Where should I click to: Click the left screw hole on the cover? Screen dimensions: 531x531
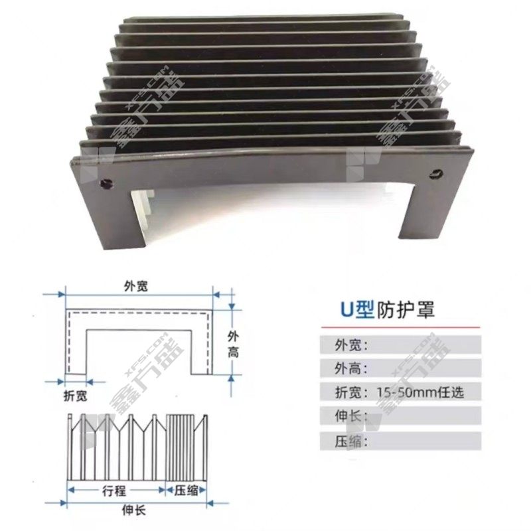pyautogui.click(x=106, y=183)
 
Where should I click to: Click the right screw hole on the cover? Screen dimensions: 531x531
pyautogui.click(x=436, y=175)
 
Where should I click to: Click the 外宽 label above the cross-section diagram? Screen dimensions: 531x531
pyautogui.click(x=136, y=287)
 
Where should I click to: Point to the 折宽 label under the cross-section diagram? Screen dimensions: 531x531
pyautogui.click(x=76, y=396)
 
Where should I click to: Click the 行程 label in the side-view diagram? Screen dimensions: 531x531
pyautogui.click(x=114, y=491)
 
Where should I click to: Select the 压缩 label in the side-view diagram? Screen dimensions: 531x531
pyautogui.click(x=186, y=491)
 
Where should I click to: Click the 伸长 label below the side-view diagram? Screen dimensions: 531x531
pyautogui.click(x=134, y=510)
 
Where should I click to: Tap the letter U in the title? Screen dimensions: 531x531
pyautogui.click(x=346, y=310)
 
